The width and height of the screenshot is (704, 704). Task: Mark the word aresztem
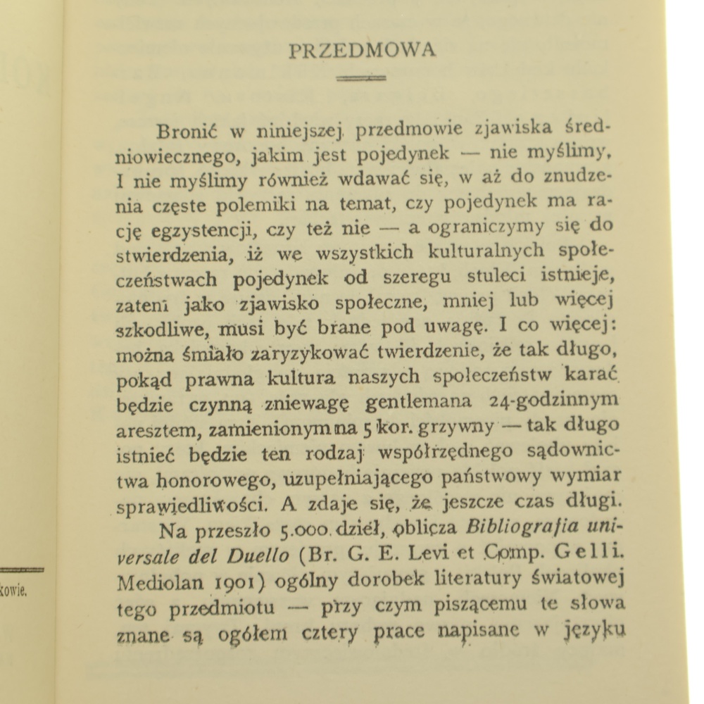[148, 429]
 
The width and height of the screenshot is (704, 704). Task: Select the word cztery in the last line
[330, 634]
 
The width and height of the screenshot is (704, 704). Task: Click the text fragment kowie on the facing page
[14, 590]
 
